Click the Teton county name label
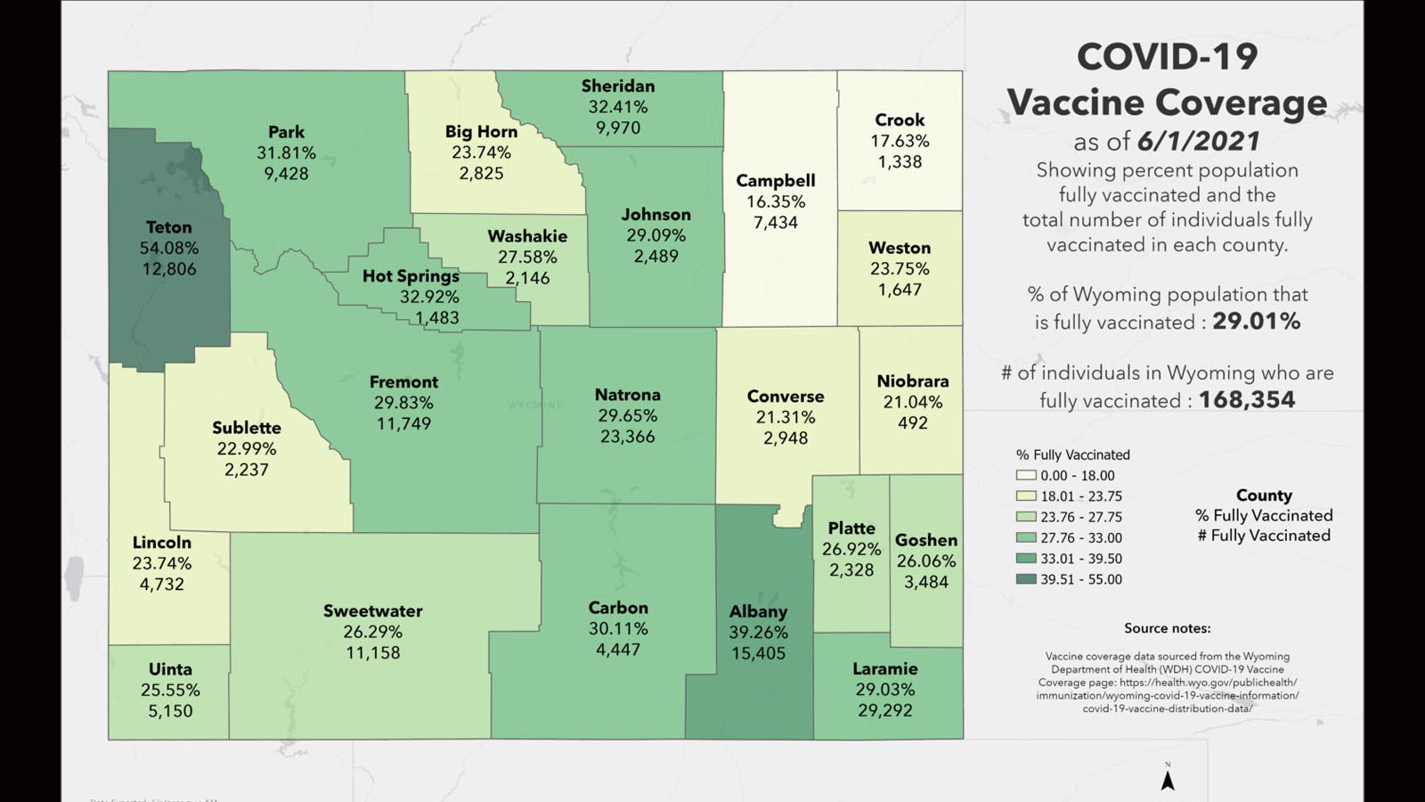[168, 227]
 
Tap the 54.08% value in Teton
[168, 248]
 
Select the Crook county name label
[900, 119]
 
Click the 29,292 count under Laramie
[884, 710]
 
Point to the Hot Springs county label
[411, 276]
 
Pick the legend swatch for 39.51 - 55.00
[1026, 579]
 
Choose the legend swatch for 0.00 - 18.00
[1026, 476]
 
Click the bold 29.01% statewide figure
[1256, 322]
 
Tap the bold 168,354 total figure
[1246, 400]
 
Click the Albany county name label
[758, 611]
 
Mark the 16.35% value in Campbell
[775, 201]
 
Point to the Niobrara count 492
[912, 423]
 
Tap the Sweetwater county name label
[372, 611]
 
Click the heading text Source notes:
[1167, 628]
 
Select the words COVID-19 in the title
[1167, 58]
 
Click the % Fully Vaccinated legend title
[1072, 454]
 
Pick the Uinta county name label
[170, 669]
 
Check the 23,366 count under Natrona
[627, 437]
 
